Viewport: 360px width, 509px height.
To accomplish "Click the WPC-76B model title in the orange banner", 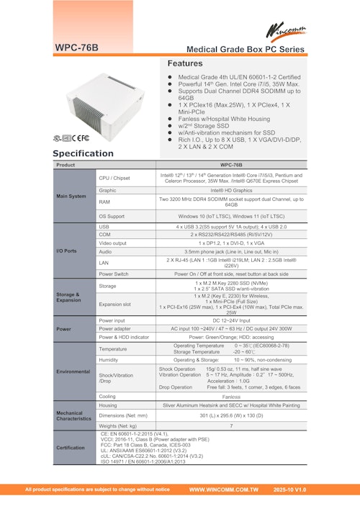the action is [76, 48].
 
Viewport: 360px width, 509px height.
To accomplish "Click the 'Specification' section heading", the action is [83, 153].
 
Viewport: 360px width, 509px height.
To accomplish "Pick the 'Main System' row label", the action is [72, 195].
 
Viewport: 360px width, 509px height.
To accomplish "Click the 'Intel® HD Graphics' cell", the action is [231, 190].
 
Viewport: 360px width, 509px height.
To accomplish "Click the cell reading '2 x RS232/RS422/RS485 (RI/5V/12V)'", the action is [231, 234].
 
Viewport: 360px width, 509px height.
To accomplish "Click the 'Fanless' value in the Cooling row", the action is [231, 396].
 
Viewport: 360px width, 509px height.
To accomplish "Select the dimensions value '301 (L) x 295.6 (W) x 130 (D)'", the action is [231, 415].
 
